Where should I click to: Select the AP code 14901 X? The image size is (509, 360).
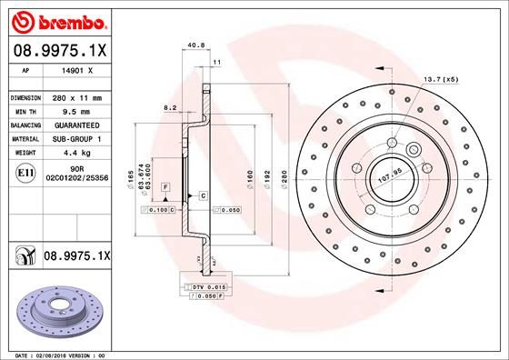(x=73, y=70)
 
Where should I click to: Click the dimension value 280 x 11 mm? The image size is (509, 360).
(x=75, y=96)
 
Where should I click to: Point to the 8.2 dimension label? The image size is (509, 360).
(x=170, y=107)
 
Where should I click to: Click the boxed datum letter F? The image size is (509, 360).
(x=166, y=185)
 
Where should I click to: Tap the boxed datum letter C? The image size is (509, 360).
(x=203, y=195)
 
